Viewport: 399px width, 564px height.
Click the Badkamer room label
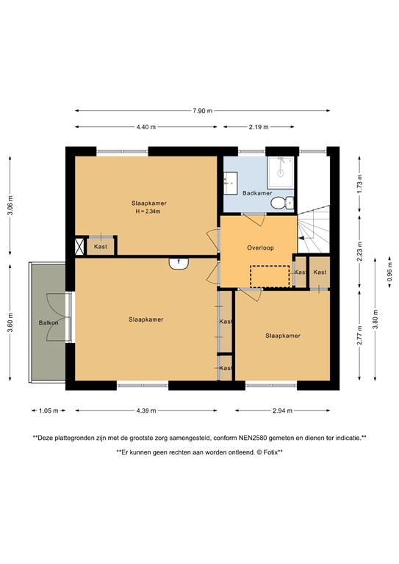(x=257, y=193)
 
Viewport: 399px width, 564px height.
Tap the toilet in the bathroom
(x=282, y=203)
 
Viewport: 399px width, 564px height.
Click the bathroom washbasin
(x=230, y=183)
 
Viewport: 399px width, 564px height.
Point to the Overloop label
(x=260, y=247)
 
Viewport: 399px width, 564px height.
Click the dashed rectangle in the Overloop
(x=270, y=276)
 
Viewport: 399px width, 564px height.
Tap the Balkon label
(x=48, y=322)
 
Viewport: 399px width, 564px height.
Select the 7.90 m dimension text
(x=202, y=111)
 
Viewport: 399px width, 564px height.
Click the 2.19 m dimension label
(x=259, y=127)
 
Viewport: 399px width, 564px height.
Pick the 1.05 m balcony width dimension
(x=48, y=411)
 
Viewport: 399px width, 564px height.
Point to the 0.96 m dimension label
(x=389, y=273)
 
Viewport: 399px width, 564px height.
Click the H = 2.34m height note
(x=148, y=211)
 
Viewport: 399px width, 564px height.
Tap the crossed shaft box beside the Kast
(x=79, y=247)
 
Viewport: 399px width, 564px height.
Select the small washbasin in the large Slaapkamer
(x=179, y=264)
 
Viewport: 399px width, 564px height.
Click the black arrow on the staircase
(x=301, y=238)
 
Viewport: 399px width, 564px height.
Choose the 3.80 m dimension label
(x=375, y=319)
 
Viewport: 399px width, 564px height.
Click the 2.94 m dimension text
(x=282, y=411)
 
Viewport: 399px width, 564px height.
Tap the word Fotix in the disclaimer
(x=270, y=452)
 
